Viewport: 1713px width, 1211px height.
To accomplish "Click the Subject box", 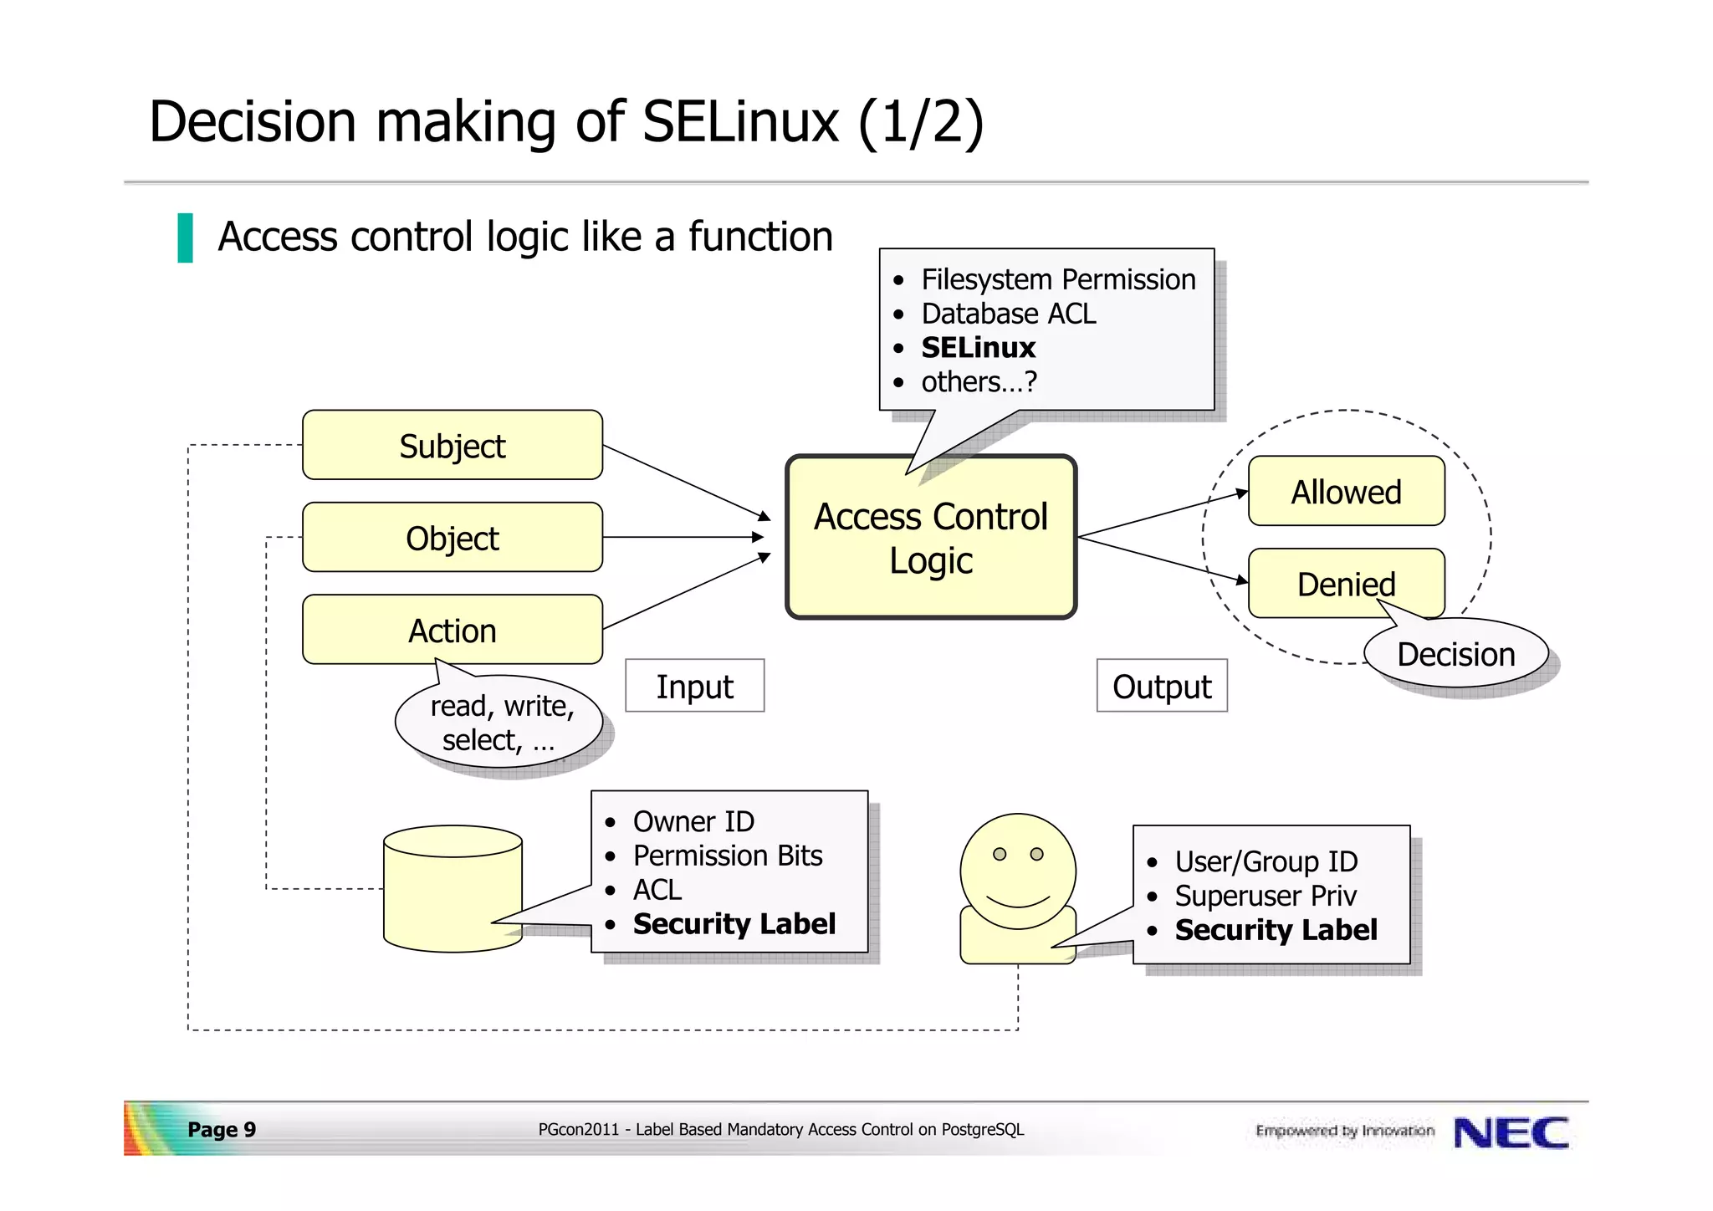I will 452,445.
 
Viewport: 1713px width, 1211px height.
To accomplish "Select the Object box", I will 452,538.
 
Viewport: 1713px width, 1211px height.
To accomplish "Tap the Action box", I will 452,630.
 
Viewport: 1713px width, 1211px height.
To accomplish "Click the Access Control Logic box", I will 930,538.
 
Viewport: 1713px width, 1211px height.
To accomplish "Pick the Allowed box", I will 1346,491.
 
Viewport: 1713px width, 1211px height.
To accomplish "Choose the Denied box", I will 1346,583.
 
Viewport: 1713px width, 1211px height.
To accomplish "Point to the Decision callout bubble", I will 1455,654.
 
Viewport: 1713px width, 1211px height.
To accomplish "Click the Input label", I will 694,686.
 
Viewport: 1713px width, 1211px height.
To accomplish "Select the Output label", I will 1162,686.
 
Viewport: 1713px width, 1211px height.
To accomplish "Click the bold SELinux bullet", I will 978,347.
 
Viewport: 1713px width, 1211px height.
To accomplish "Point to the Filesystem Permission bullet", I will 1058,279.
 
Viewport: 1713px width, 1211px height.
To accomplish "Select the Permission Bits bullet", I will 727,856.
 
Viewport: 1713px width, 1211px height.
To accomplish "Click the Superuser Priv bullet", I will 1265,896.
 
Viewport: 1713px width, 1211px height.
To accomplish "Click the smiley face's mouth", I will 1018,902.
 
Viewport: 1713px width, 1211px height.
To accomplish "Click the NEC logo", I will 1511,1132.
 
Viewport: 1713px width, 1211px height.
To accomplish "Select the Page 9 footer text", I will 222,1130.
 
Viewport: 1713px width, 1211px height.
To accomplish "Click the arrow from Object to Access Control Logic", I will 682,537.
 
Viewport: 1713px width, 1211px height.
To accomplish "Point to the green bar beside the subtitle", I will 185,238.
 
